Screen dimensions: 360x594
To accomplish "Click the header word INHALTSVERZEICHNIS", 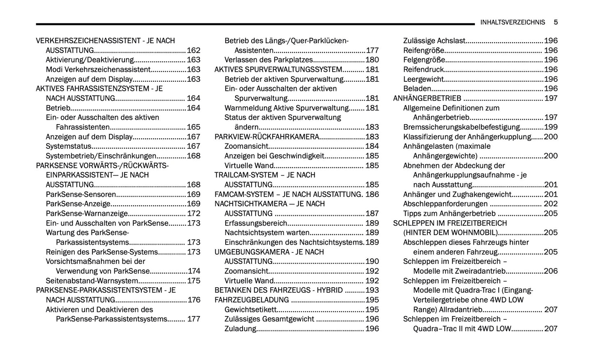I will point(512,22).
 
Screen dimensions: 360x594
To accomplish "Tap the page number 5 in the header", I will point(555,22).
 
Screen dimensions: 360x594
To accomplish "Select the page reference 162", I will point(194,51).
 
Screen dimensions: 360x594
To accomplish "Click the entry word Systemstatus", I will point(68,146).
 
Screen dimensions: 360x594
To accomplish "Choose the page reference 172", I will point(194,214).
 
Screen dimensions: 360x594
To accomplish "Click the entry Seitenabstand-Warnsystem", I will point(92,281).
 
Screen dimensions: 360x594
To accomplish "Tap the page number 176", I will point(194,300).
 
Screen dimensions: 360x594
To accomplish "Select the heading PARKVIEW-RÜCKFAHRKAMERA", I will point(267,137).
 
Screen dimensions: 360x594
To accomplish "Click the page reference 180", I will point(372,60).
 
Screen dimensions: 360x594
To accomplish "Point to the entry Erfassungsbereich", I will point(256,223).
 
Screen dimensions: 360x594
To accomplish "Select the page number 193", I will point(372,290).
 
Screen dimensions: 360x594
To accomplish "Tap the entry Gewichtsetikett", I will point(250,309).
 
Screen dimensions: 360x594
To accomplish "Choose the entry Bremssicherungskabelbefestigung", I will point(461,127).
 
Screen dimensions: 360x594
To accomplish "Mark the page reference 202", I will point(551,204).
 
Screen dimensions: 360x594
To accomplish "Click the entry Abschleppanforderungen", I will point(445,204).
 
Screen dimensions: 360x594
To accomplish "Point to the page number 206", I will point(551,271).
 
